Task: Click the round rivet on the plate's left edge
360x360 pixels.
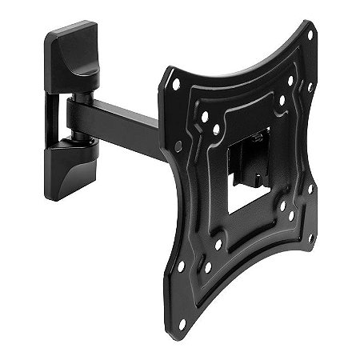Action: (178, 146)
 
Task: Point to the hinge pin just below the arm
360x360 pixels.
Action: (82, 140)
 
